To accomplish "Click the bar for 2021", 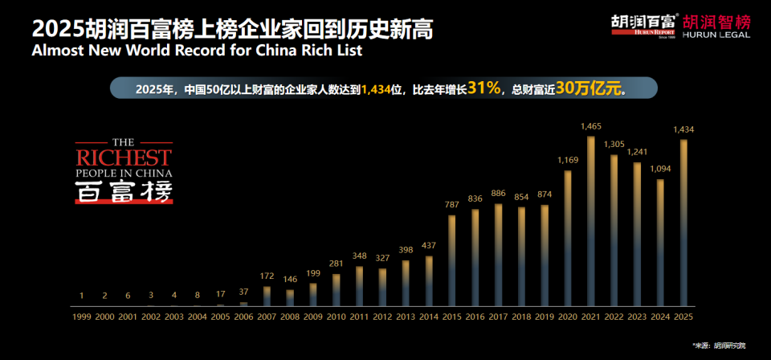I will pos(590,221).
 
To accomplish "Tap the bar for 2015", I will pos(451,260).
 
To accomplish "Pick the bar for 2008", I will pos(290,297).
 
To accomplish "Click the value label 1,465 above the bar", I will pos(590,126).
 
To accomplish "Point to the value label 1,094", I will pos(659,169).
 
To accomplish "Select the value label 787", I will pos(451,205).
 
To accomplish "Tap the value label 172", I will pos(267,276).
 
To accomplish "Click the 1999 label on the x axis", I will pos(81,317).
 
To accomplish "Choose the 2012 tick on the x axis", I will pos(382,317).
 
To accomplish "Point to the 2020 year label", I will pos(567,317).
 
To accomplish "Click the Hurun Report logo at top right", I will pos(644,25).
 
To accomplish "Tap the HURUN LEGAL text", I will pos(716,35).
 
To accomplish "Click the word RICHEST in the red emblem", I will pos(123,156).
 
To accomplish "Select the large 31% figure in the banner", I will pos(484,87).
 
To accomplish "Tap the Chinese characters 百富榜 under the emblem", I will pos(123,191).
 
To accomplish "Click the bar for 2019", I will pos(544,255).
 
